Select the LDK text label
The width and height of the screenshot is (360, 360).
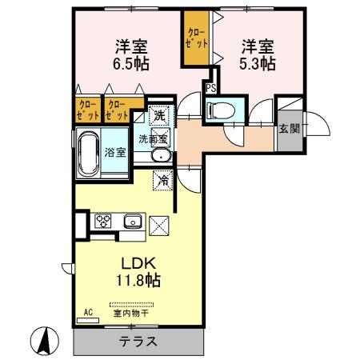[138, 263]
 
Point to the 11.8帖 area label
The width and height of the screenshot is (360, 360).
[138, 281]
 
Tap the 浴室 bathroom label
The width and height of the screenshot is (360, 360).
[114, 153]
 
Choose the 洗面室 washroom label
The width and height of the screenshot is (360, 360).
[153, 138]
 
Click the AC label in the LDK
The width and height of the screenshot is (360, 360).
[88, 312]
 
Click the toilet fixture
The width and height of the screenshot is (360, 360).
[222, 110]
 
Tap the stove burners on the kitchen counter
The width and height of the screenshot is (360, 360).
[104, 220]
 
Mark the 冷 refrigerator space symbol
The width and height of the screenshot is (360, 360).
[163, 180]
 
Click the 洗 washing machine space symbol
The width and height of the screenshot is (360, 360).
[158, 115]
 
